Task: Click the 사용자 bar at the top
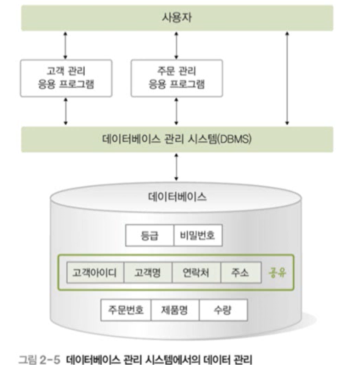[x=177, y=18]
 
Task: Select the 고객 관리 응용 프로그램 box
[x=66, y=78]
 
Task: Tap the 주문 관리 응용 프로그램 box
[x=177, y=78]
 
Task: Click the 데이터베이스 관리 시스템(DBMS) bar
[x=177, y=139]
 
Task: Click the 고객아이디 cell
[x=94, y=273]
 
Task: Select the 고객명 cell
[x=147, y=273]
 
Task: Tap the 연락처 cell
[x=197, y=273]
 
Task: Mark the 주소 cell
[x=240, y=273]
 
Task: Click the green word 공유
[x=278, y=272]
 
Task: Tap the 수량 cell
[x=223, y=310]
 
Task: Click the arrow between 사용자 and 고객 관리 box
[x=65, y=45]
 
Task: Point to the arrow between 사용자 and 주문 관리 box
[x=176, y=45]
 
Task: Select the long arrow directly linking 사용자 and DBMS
[x=287, y=78]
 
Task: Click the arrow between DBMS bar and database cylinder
[x=176, y=167]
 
